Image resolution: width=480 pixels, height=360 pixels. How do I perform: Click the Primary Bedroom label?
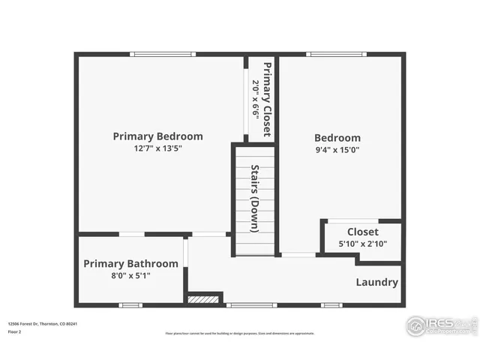[x=157, y=136]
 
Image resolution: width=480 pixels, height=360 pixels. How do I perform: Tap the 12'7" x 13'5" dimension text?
[x=157, y=148]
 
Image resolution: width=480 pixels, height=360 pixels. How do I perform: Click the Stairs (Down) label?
[x=255, y=199]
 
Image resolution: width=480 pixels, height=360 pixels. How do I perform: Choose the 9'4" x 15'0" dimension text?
[x=337, y=150]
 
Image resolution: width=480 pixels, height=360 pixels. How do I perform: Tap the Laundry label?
[x=376, y=283]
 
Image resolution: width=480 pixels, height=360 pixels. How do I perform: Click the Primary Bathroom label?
[x=130, y=264]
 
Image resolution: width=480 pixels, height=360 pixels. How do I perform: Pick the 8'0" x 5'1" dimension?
[x=130, y=275]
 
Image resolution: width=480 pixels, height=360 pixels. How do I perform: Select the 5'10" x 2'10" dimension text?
[x=362, y=244]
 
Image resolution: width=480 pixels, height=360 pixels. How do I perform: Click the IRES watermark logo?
[x=440, y=325]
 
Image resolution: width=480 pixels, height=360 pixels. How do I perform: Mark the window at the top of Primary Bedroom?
[x=163, y=53]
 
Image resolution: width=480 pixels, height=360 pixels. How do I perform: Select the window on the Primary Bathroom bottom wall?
[x=130, y=305]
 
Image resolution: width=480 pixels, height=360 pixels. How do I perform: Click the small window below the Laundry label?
[x=331, y=305]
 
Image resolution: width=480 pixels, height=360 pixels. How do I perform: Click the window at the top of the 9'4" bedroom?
[x=337, y=53]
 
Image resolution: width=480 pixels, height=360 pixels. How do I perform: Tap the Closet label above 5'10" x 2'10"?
[x=362, y=232]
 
